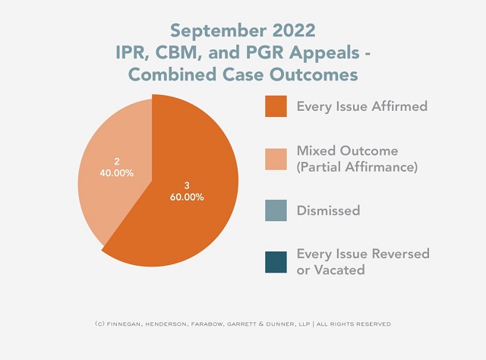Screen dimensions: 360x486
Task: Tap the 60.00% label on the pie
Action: [188, 197]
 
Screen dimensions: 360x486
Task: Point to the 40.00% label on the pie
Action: [117, 172]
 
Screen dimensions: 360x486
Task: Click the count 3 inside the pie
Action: [188, 185]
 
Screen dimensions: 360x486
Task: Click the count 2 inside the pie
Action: [117, 161]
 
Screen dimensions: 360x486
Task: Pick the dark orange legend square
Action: [276, 106]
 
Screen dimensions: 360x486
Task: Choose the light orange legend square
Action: [276, 158]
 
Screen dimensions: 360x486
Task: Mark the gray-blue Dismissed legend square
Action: [276, 210]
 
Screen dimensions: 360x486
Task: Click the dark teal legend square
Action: [276, 261]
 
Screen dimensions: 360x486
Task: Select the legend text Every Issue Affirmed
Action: [361, 106]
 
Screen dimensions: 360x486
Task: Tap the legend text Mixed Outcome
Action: [347, 150]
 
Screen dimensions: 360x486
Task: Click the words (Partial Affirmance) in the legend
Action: [357, 167]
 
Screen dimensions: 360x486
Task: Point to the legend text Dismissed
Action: [328, 210]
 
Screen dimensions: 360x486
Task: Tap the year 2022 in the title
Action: [291, 31]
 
